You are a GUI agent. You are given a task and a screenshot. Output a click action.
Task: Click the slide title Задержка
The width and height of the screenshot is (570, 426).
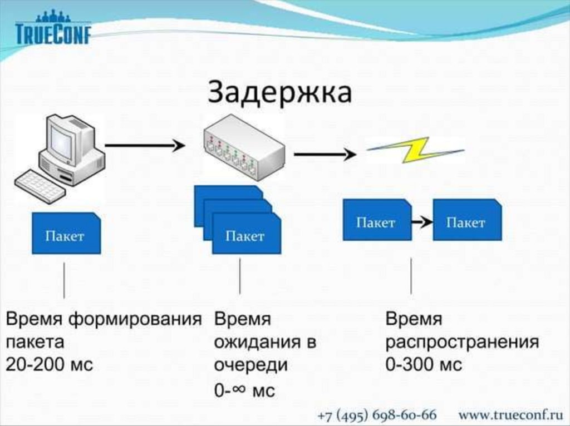point(280,93)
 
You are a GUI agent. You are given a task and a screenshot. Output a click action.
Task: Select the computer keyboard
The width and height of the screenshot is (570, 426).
point(39,185)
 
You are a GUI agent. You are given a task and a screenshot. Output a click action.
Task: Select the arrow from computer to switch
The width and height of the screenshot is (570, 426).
point(144,146)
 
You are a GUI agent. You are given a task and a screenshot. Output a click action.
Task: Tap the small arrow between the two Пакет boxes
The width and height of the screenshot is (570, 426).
point(422,222)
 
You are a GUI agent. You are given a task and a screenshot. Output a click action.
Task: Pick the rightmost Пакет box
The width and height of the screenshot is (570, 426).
point(466,222)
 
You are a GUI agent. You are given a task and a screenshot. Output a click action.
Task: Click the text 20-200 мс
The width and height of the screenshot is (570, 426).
point(50,365)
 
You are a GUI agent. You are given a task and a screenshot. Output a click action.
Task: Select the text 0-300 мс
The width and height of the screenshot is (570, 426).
point(424,365)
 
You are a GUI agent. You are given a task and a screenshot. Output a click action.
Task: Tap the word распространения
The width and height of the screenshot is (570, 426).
point(462,342)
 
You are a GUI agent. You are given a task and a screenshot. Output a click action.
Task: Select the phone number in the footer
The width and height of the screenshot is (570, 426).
point(377,415)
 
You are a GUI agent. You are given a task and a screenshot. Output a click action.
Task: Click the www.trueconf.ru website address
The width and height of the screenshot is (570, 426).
point(510,415)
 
